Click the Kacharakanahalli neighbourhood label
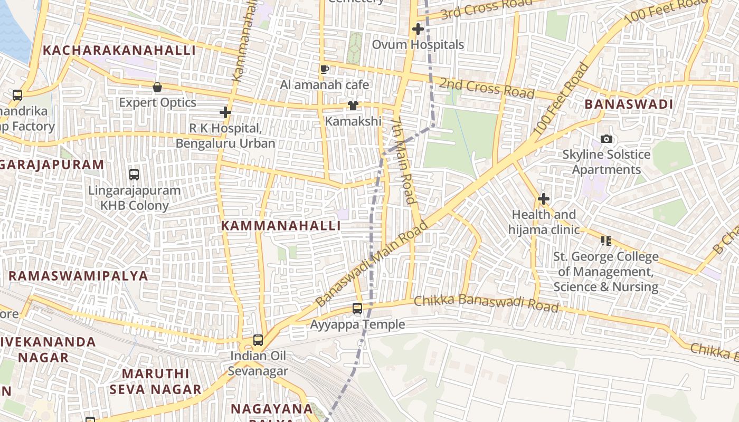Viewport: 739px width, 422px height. coord(119,51)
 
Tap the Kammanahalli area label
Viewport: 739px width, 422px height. coord(280,226)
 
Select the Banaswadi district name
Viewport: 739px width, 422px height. coord(628,104)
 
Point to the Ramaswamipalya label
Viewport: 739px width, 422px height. coord(78,276)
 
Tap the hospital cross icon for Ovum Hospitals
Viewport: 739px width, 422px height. coord(418,29)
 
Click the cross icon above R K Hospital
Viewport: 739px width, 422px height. coord(225,112)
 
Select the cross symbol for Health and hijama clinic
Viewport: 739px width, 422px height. coord(543,199)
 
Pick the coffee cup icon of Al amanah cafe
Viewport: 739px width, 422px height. coord(325,69)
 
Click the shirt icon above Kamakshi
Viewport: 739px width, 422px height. coord(353,106)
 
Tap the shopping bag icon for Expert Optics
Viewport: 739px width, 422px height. coord(157,87)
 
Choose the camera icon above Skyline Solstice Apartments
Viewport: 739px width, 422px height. coord(607,139)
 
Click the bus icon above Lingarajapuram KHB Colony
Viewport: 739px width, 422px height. coord(134,174)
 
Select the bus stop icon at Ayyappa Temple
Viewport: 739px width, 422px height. coord(357,309)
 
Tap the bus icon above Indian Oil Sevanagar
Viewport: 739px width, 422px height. coord(258,340)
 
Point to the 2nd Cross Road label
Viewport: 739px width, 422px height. coord(486,88)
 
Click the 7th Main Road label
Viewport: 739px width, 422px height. coord(404,161)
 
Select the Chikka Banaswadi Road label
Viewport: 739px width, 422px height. coord(486,303)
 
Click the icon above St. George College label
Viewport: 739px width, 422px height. coord(605,241)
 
